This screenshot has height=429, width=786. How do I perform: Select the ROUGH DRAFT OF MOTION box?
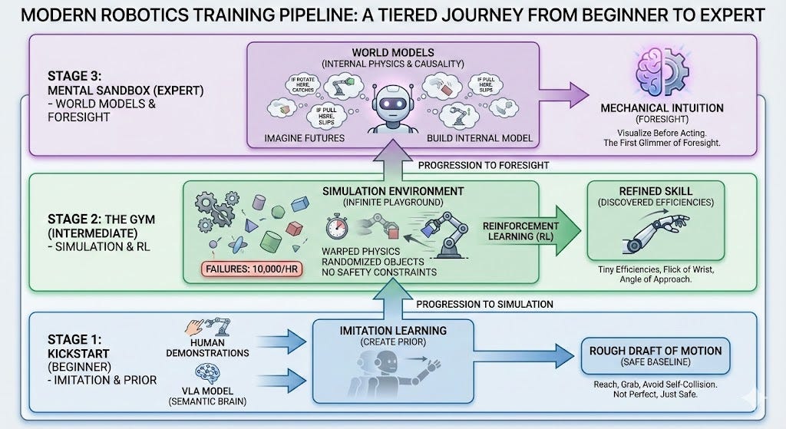[x=652, y=357]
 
